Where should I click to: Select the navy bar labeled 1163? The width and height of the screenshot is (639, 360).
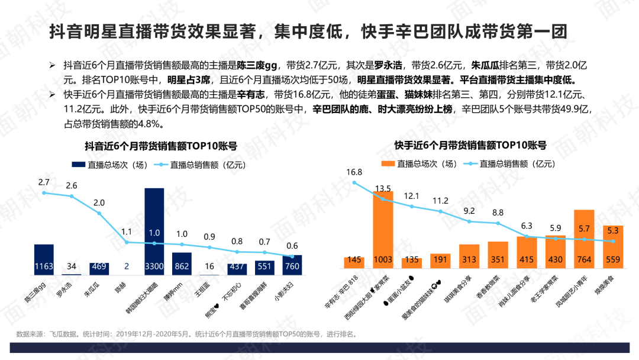(44, 258)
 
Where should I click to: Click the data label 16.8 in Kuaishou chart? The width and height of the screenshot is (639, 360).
(354, 172)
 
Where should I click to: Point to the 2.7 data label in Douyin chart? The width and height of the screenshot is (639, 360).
(44, 182)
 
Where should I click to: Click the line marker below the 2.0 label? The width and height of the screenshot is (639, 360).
(99, 213)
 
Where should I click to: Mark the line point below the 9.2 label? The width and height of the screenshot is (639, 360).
(469, 221)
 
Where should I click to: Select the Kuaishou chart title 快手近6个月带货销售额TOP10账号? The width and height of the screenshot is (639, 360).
(470, 145)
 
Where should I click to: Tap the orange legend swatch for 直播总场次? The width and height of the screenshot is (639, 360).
(388, 164)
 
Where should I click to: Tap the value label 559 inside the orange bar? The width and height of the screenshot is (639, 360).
(612, 259)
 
